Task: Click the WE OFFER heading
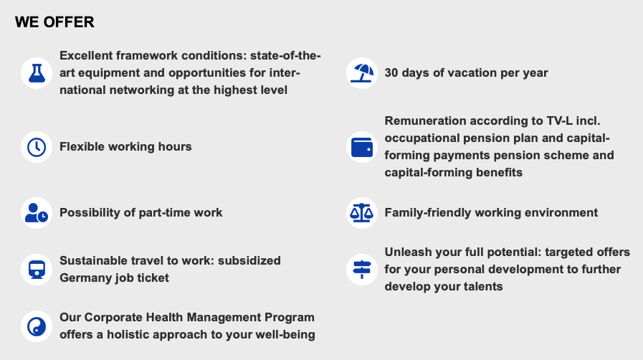click(x=54, y=22)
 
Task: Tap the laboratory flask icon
click(x=37, y=73)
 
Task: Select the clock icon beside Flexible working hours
click(x=37, y=147)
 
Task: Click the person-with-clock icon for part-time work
click(x=37, y=213)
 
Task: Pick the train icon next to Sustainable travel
click(x=37, y=270)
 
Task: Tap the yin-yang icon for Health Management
click(x=37, y=326)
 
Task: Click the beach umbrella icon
click(x=362, y=73)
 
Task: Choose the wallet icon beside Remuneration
click(x=362, y=147)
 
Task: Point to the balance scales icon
click(x=362, y=213)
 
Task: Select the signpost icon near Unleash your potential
click(x=362, y=270)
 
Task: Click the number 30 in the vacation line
click(x=391, y=73)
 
